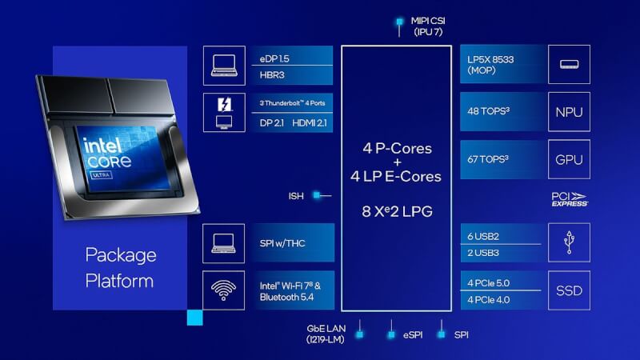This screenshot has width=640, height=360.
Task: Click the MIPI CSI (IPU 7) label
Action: tap(428, 26)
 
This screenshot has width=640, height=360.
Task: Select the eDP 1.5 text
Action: tap(274, 58)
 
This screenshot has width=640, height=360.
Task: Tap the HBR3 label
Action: tap(272, 75)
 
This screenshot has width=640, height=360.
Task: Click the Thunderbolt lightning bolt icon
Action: tap(224, 105)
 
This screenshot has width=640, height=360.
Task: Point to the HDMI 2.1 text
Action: tap(310, 123)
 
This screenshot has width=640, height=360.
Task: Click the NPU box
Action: tap(569, 112)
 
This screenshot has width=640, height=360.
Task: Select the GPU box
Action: tap(569, 159)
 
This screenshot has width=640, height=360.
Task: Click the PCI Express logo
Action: tap(570, 199)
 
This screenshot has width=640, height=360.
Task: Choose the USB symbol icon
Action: tap(569, 242)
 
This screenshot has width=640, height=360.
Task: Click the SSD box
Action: tap(569, 290)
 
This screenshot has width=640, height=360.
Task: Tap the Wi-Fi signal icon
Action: tap(223, 290)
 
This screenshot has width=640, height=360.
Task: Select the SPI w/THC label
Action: tap(282, 243)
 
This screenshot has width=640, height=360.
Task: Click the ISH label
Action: tap(296, 196)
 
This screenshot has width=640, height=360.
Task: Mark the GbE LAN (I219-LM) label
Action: tap(326, 334)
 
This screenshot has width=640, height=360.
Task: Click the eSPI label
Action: tap(413, 334)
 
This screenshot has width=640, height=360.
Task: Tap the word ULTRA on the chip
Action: tap(101, 175)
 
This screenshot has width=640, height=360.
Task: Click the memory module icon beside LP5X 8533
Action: tap(569, 64)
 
